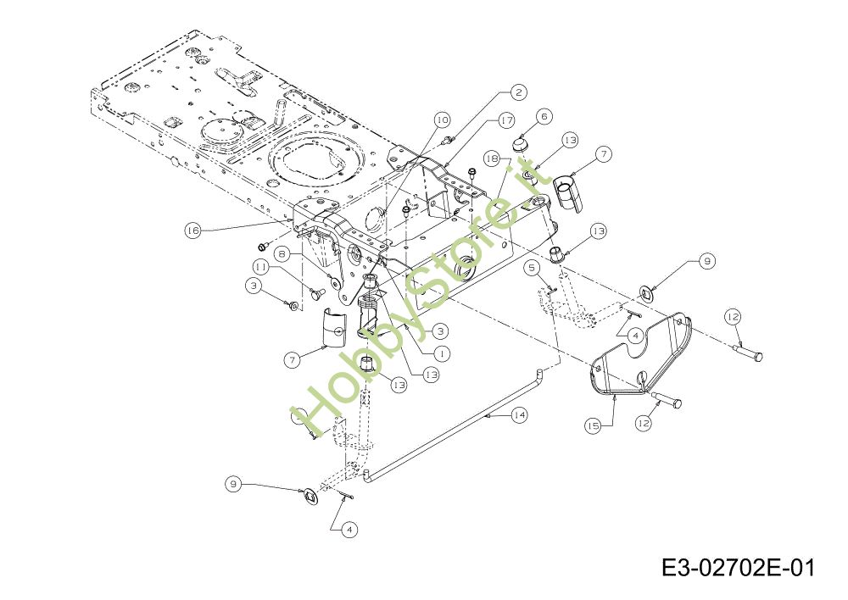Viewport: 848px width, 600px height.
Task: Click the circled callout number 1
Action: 442,351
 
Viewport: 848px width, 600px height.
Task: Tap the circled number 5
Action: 533,268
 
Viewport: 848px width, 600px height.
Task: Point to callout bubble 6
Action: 543,116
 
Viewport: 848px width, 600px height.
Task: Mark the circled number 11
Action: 260,266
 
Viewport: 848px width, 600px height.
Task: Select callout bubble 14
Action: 519,414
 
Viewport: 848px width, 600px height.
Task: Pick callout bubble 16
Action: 193,230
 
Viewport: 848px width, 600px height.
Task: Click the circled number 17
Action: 506,120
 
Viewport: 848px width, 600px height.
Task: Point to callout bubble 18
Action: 492,158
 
